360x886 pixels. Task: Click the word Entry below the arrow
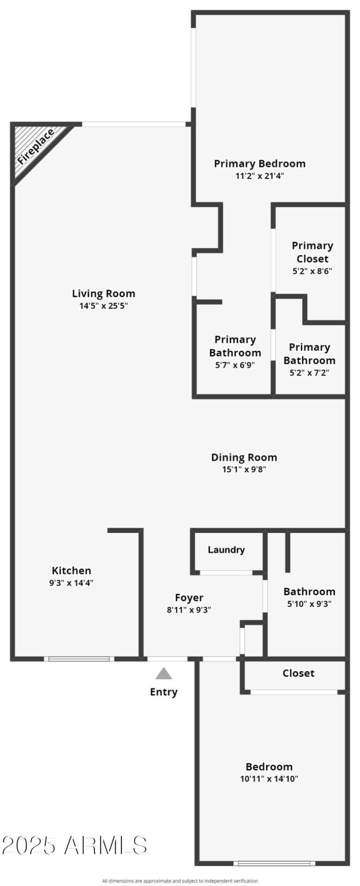(x=164, y=692)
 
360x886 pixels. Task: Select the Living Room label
(x=103, y=294)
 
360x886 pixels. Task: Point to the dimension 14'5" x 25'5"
(x=103, y=306)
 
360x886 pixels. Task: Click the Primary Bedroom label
(x=260, y=164)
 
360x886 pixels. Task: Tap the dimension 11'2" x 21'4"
(x=260, y=176)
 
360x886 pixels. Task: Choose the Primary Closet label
(x=312, y=252)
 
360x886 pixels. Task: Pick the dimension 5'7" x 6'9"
(x=235, y=365)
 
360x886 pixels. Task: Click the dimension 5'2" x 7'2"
(x=309, y=373)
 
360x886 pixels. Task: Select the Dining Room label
(x=244, y=457)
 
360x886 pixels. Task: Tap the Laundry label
(x=226, y=550)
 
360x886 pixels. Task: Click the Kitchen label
(x=72, y=571)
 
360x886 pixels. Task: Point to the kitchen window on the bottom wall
(x=79, y=659)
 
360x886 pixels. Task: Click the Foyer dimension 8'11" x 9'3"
(x=189, y=610)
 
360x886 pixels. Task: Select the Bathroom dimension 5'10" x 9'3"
(x=309, y=604)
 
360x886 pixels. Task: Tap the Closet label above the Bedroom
(x=298, y=673)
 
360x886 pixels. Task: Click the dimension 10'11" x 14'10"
(x=269, y=779)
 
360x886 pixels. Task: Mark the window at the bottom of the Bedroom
(x=274, y=863)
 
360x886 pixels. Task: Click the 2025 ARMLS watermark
(x=75, y=846)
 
